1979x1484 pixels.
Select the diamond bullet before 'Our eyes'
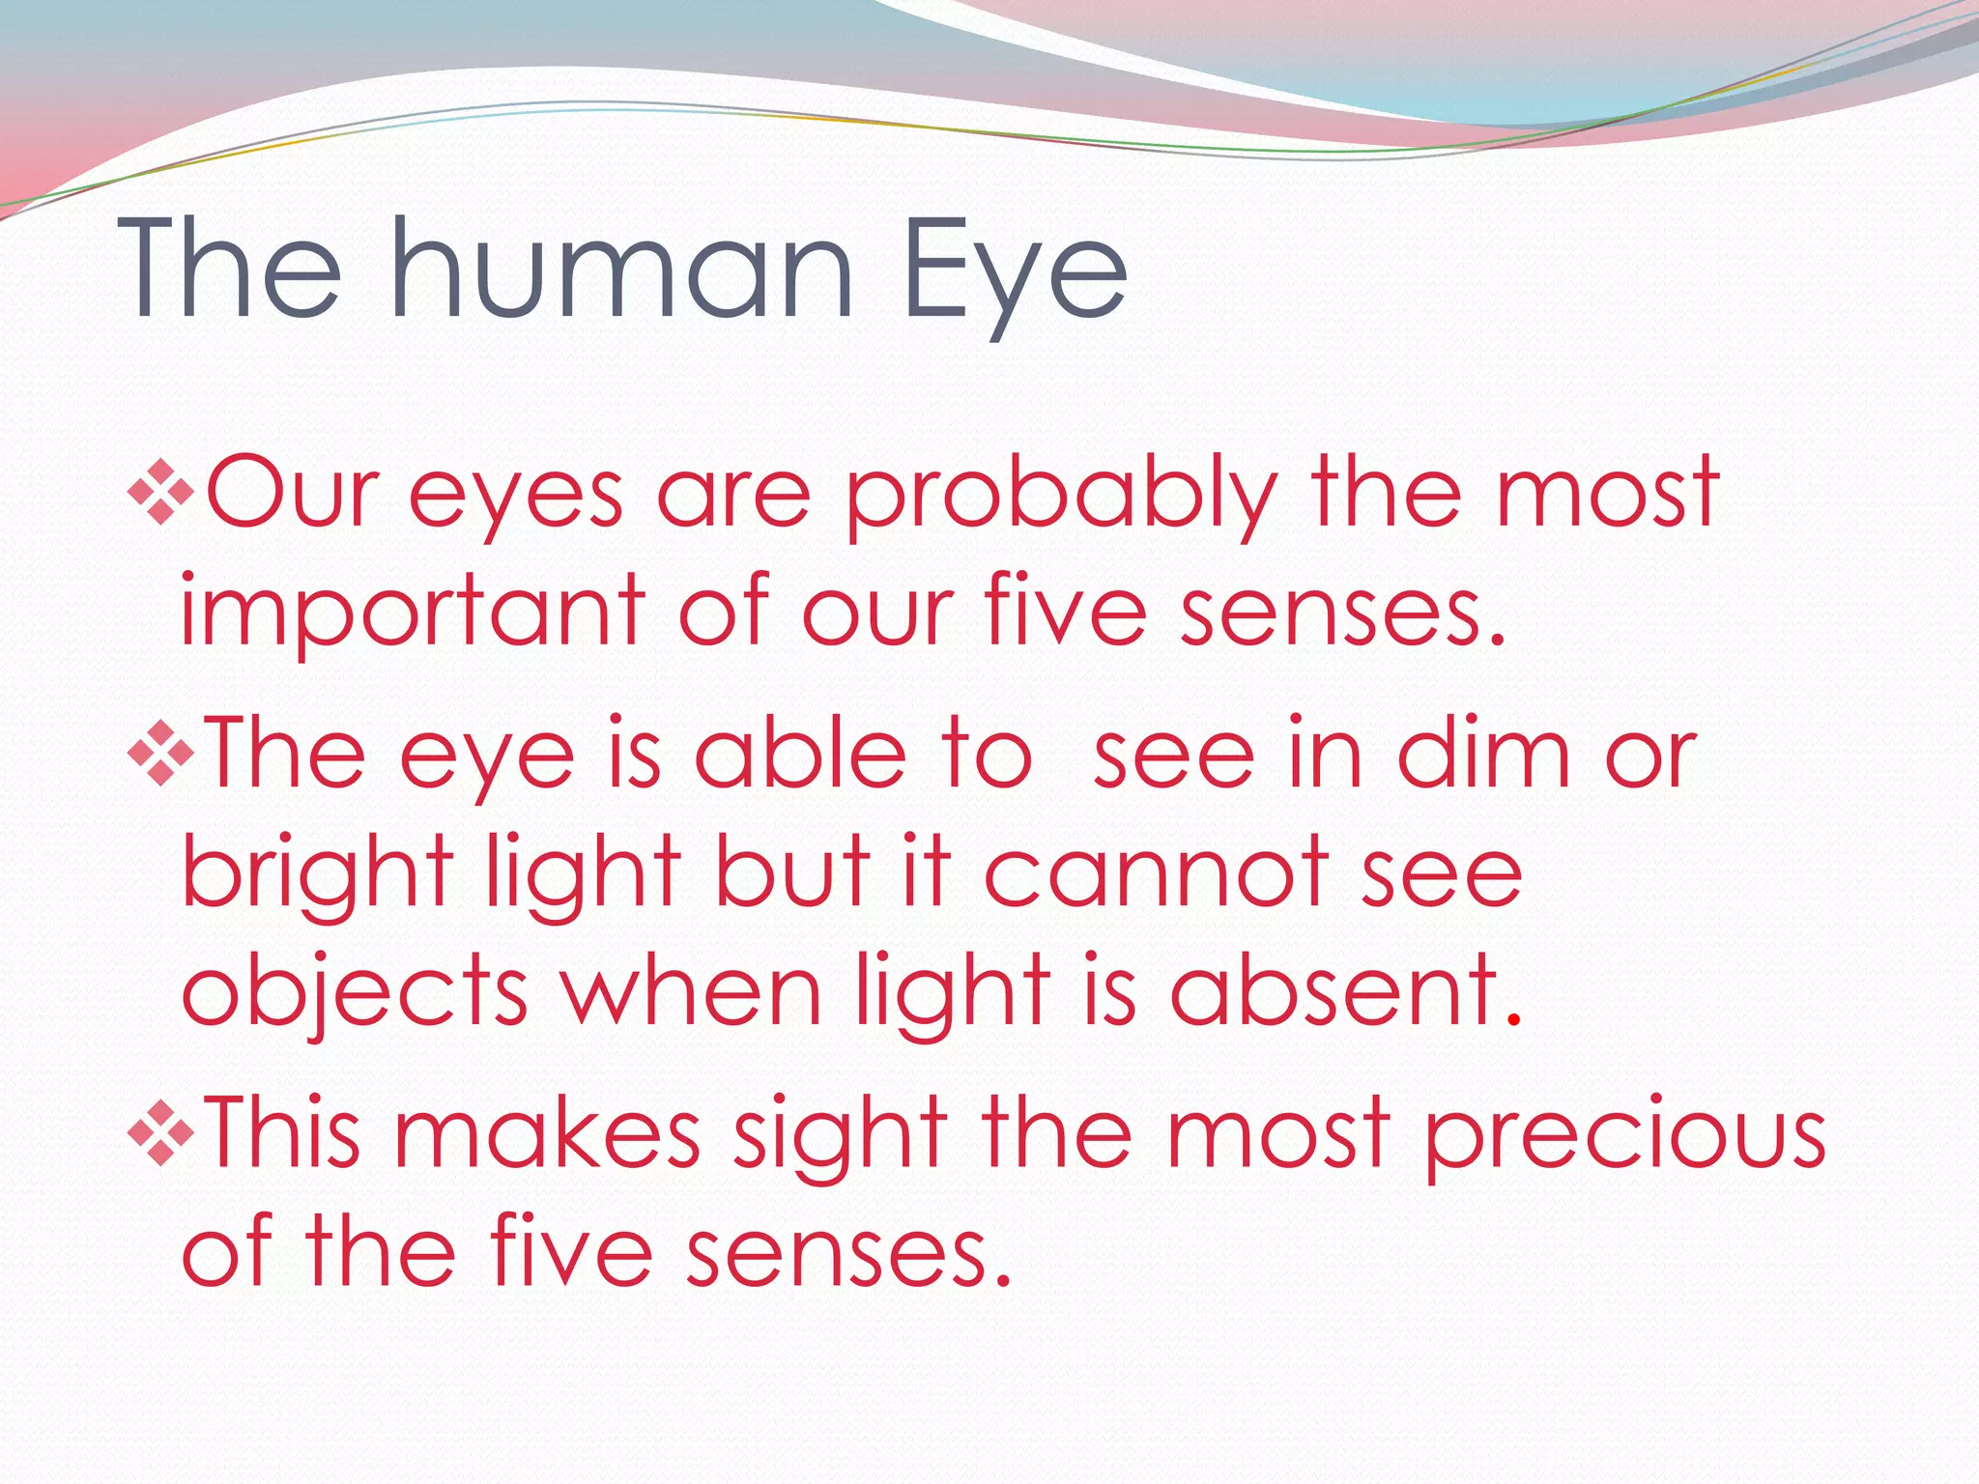(160, 493)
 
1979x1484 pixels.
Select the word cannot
(1155, 874)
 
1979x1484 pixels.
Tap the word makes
(547, 1132)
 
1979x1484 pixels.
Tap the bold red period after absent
(1514, 1020)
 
